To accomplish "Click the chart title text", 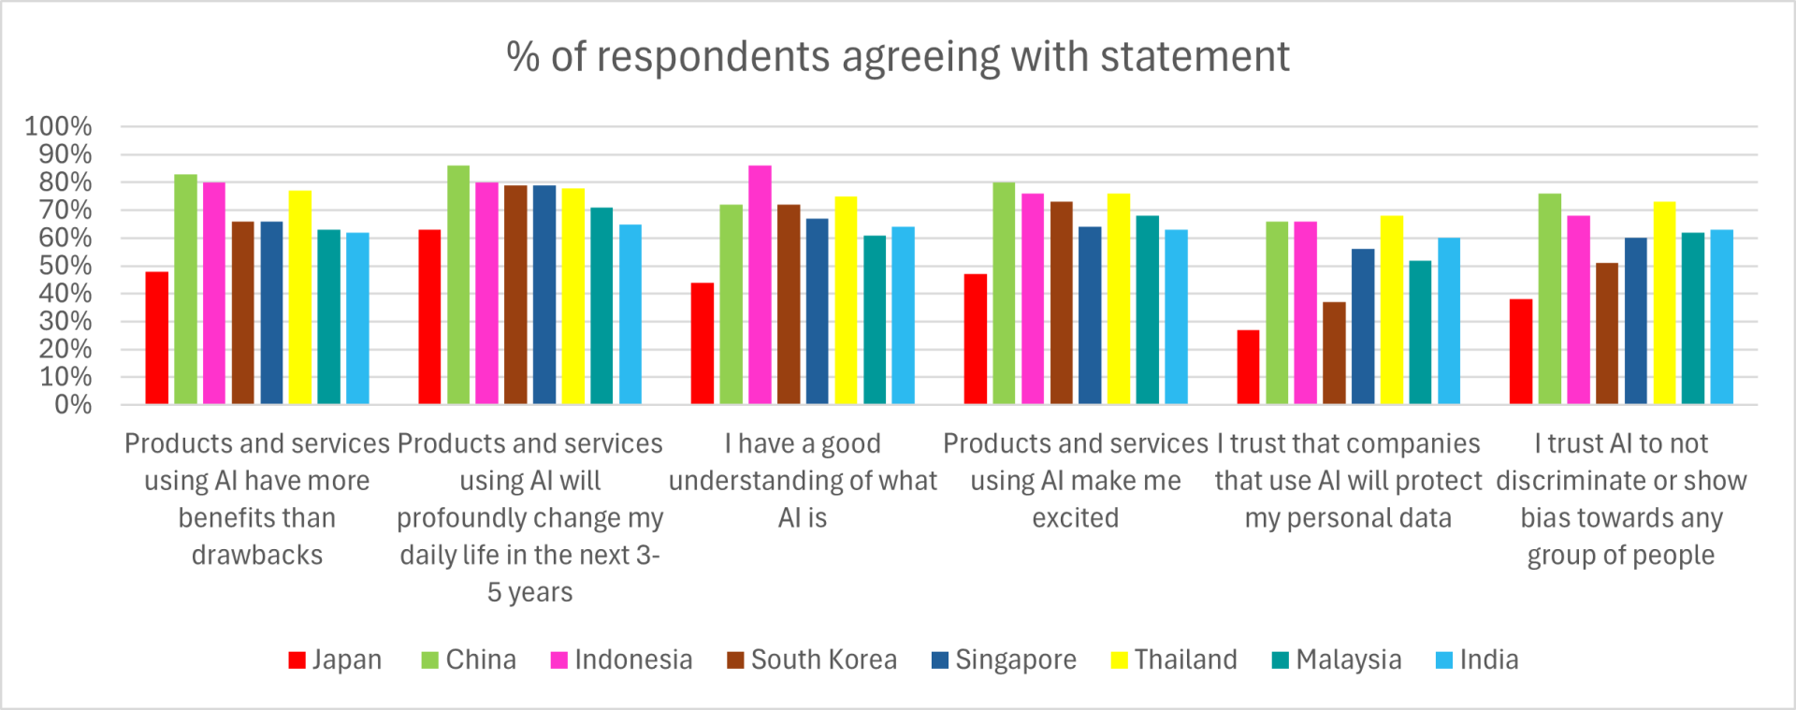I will [898, 57].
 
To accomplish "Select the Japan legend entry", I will [335, 659].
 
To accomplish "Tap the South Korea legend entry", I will [812, 659].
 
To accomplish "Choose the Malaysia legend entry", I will [1337, 659].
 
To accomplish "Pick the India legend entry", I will [1477, 659].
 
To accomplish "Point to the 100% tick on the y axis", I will [58, 126].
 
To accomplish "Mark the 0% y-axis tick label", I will [72, 404].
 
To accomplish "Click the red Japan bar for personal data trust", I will [1248, 367].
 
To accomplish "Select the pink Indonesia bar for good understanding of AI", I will [760, 285].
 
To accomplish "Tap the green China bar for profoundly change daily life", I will [458, 285].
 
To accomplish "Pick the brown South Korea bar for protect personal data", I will [1334, 354].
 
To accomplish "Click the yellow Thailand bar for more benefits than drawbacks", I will [300, 297].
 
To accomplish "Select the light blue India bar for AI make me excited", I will [1176, 317].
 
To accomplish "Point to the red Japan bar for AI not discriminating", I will [1521, 352].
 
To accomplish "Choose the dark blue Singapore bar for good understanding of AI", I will [818, 312].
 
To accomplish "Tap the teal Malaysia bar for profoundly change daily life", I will [601, 306].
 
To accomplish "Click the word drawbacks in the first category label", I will [257, 555].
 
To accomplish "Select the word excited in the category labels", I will [1075, 517].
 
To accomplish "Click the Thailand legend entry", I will [1174, 659].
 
